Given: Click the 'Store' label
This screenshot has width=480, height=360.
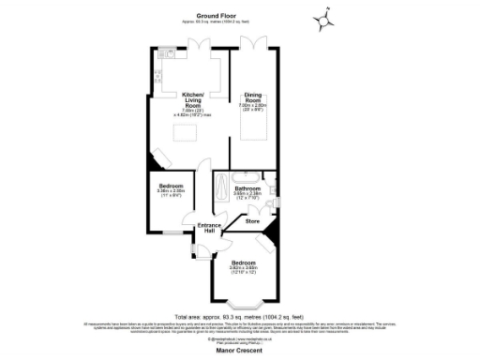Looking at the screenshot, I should point(252,221).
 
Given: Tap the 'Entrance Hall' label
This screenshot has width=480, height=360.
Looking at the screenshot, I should point(208,228).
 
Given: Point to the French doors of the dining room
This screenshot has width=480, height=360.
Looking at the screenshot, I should point(256,43).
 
